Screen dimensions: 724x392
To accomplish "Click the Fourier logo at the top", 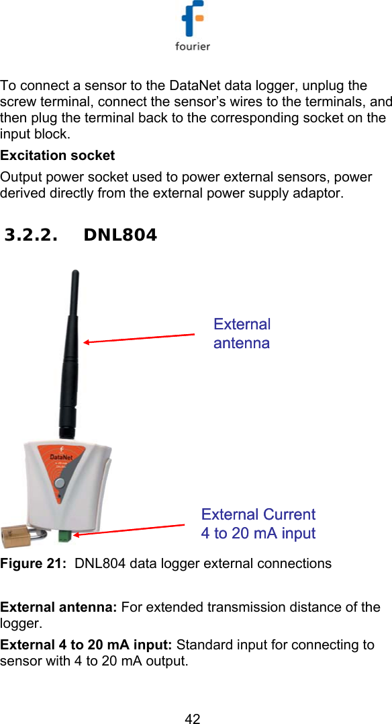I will [x=193, y=27].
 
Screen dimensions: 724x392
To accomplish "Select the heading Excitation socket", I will [x=58, y=155].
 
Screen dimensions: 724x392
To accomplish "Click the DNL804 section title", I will [x=121, y=235].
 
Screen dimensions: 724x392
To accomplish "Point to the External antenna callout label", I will [x=242, y=333].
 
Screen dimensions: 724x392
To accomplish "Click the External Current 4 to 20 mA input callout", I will [x=258, y=524].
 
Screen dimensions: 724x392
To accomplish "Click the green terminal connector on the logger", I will [x=64, y=536].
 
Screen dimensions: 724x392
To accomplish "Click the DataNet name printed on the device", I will [x=62, y=456].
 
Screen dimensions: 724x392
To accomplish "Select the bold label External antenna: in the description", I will [x=59, y=608].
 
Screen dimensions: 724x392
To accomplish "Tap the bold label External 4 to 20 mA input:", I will [x=87, y=645].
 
